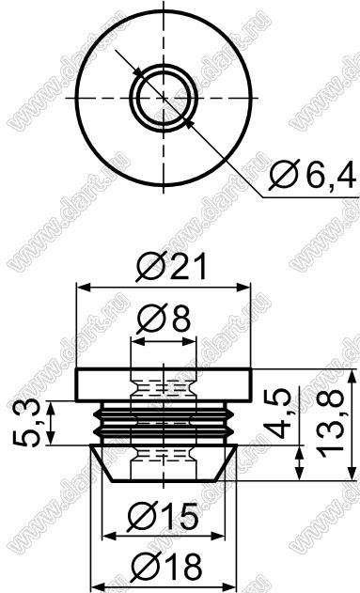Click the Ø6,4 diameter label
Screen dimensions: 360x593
click(313, 175)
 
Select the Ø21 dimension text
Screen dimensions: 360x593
click(172, 266)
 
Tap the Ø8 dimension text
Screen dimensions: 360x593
click(164, 319)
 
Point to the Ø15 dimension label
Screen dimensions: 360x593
click(163, 517)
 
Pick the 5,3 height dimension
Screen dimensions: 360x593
click(26, 423)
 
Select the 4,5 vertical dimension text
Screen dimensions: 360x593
click(278, 414)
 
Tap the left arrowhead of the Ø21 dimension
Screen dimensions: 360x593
click(84, 288)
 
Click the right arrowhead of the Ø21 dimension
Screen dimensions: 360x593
click(243, 288)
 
